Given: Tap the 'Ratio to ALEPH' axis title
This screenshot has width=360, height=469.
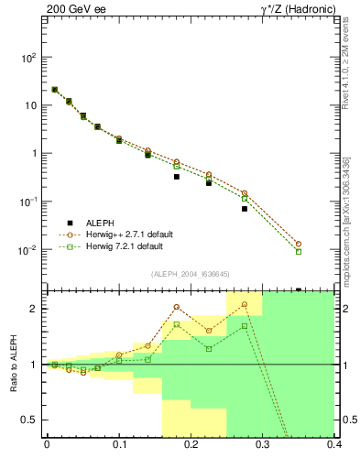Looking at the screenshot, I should (14, 365).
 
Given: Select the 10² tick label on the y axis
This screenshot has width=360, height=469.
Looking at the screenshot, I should (29, 57).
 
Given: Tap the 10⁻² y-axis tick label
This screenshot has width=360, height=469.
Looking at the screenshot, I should (29, 250).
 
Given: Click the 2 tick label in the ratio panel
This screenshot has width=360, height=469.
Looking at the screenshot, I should (37, 309).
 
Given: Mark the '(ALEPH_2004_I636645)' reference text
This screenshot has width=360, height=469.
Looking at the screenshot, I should (191, 274).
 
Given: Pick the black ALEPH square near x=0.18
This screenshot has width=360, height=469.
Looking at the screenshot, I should (177, 177).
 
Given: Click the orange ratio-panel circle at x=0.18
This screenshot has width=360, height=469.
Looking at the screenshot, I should (177, 307).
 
